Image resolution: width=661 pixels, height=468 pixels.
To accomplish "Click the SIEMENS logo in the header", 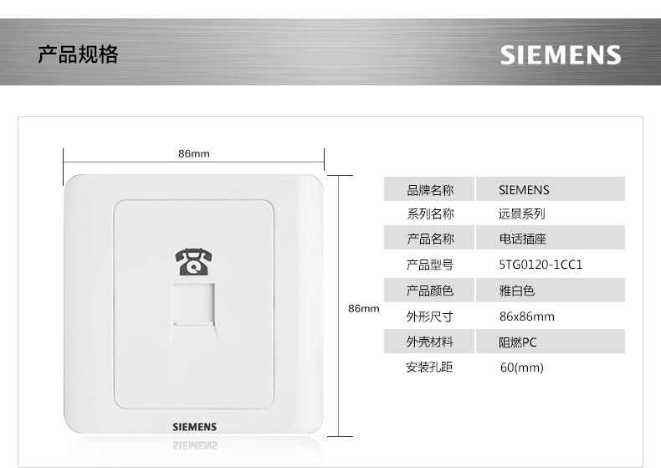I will [561, 55].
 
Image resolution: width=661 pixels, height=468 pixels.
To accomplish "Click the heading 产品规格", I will [79, 55].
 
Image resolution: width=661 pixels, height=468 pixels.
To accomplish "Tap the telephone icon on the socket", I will [192, 262].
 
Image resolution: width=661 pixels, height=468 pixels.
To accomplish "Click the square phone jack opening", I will [193, 306].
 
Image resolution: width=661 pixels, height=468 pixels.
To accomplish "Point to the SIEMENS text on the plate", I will [194, 427].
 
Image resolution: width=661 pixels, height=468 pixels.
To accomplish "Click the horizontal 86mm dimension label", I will [193, 154].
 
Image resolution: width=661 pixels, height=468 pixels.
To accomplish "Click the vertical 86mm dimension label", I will [363, 309].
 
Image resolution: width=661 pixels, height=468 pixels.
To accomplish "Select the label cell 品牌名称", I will [430, 190].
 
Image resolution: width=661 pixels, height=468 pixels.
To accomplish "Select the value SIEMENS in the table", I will [524, 190].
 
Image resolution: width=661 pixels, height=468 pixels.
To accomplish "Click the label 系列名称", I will [430, 214].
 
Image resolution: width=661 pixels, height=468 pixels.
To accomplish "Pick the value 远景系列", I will [521, 214].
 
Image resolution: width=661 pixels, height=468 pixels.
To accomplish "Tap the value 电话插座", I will [521, 239].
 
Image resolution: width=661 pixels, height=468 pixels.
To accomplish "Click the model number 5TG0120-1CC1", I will [540, 265].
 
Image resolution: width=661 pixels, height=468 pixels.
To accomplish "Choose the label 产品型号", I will [430, 265].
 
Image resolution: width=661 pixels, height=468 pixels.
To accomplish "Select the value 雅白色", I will [516, 291].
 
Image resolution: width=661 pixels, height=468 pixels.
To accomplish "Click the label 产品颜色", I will [430, 291].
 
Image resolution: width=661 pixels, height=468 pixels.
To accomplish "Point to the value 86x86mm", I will [526, 316].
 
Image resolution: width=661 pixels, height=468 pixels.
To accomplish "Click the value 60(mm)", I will [521, 368].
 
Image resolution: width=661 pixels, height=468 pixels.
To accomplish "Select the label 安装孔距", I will [430, 368].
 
